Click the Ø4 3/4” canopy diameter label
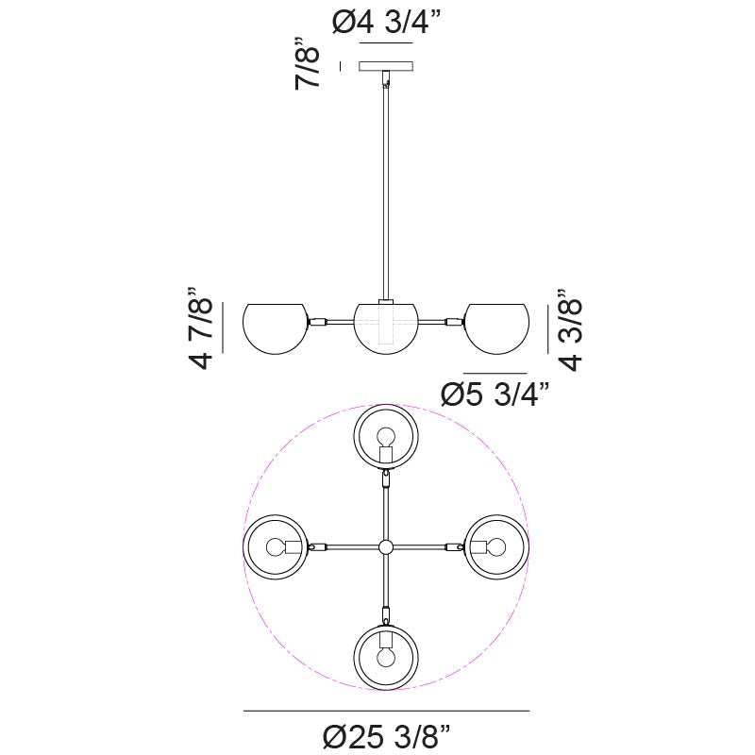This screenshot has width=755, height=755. pos(386,22)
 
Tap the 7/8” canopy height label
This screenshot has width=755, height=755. pos(308,62)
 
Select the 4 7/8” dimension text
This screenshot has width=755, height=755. pos(199,327)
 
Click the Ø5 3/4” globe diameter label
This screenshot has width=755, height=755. pos(495,394)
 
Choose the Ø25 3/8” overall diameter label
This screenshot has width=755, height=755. pos(387,737)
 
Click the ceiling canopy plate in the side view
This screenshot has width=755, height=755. pos(386,66)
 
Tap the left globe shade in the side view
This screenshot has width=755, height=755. pos(275,328)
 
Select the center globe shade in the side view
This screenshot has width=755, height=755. pos(386,328)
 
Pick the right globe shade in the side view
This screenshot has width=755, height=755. pos(497,328)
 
